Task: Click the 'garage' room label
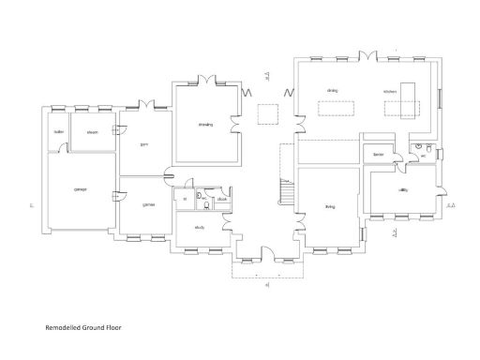[x=81, y=190]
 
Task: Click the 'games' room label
[x=148, y=204]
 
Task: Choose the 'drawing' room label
[x=205, y=125]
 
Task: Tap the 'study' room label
[x=200, y=228]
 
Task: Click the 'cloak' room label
[x=221, y=200]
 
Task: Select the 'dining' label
[x=332, y=91]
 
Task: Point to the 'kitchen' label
[x=391, y=91]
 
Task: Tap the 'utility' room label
[x=402, y=190]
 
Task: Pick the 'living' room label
[x=330, y=206]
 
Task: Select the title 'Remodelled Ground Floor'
[x=83, y=329]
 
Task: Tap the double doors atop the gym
[x=143, y=105]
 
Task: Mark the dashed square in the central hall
[x=267, y=113]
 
